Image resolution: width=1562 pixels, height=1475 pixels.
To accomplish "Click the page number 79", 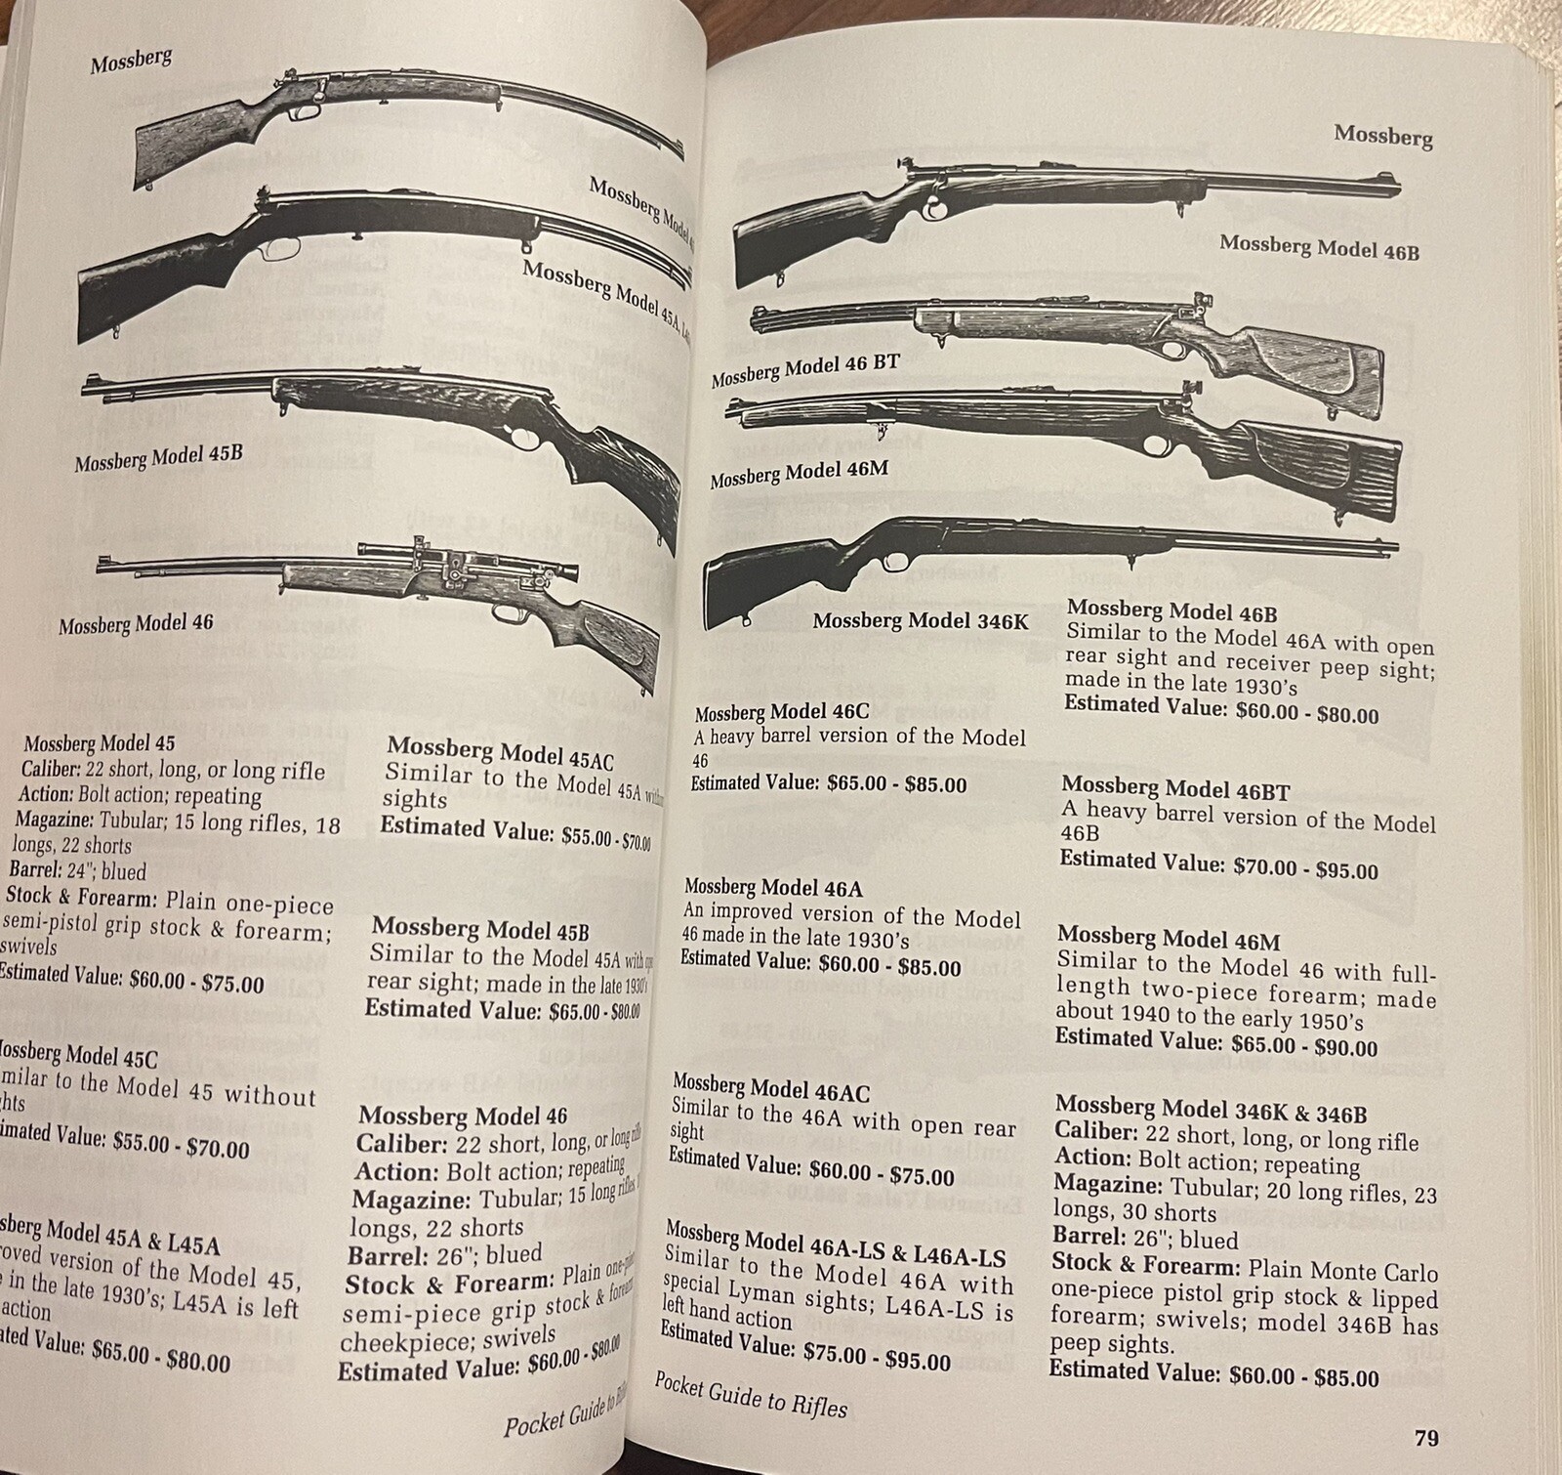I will (1424, 1438).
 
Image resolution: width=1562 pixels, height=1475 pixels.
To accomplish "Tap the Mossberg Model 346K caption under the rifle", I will (920, 620).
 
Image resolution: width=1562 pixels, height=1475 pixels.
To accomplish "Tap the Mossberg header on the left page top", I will (131, 61).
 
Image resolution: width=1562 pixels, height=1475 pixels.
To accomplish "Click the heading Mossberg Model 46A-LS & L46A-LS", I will (835, 1244).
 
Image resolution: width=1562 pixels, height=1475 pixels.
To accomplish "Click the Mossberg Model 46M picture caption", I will (799, 476).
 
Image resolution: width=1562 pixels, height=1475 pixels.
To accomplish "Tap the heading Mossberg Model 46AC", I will (770, 1088).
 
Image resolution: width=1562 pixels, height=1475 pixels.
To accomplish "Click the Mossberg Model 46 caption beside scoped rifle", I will (136, 622).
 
